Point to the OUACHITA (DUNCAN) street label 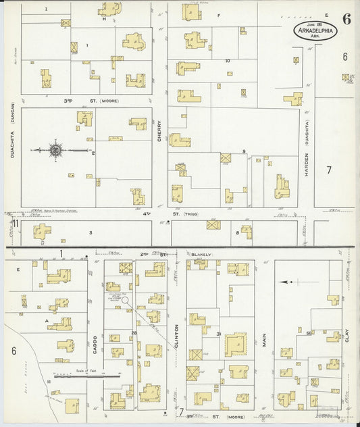13,132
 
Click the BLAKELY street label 201,254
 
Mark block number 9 243,151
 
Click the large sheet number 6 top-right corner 346,18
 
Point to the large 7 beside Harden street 329,169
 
